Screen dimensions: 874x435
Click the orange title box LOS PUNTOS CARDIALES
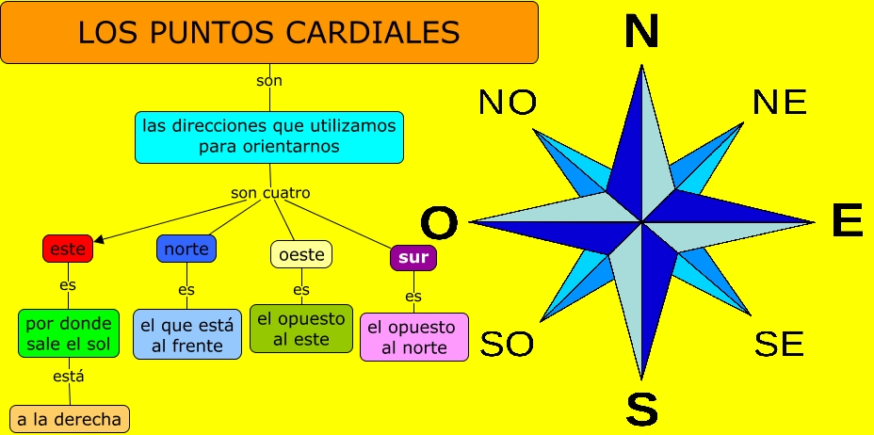(x=269, y=33)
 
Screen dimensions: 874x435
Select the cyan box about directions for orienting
(x=269, y=136)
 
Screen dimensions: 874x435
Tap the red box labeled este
(x=68, y=249)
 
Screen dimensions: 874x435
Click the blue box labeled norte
(x=186, y=249)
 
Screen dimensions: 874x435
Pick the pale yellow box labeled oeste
(x=301, y=254)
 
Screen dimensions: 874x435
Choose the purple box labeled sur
(x=413, y=257)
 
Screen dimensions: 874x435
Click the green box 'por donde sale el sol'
(x=70, y=333)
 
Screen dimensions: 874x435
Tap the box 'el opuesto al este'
(x=301, y=329)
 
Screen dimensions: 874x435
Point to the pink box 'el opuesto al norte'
(x=413, y=337)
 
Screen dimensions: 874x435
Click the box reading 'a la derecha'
(x=69, y=419)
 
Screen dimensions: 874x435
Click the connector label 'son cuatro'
(x=270, y=193)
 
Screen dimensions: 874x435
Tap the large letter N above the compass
(x=641, y=32)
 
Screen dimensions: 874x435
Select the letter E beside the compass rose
(x=847, y=222)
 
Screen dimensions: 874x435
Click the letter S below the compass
(x=641, y=409)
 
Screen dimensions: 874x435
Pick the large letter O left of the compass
(x=439, y=224)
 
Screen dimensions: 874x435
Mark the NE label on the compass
(x=780, y=103)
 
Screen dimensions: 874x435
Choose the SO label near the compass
(x=507, y=345)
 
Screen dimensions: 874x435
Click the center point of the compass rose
(x=642, y=222)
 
